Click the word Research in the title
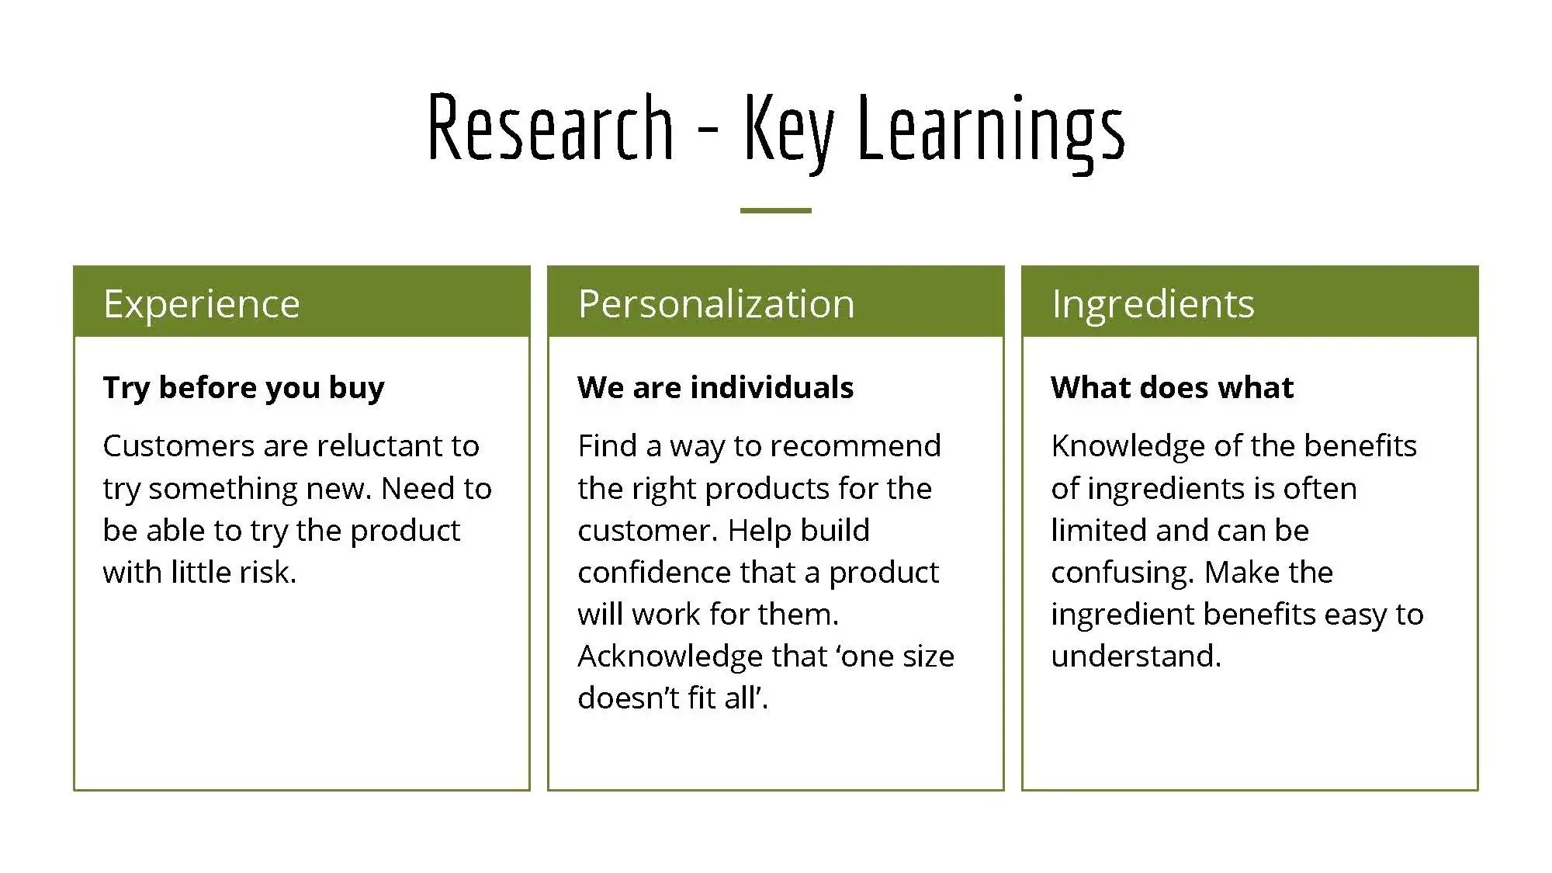(x=550, y=128)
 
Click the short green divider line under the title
(x=775, y=210)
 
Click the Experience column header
(x=202, y=303)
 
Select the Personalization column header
(x=715, y=303)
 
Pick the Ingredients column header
(x=1152, y=303)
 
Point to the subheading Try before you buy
(x=244, y=387)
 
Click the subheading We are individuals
(x=715, y=387)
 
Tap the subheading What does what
(x=1172, y=387)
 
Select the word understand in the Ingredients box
(x=1134, y=656)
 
